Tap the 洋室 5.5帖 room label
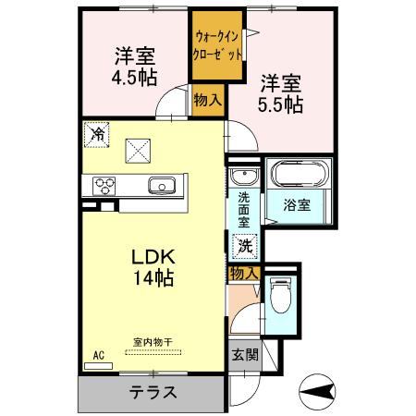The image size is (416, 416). click(280, 92)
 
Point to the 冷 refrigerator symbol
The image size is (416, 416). click(98, 135)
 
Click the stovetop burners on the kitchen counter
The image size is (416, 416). click(103, 186)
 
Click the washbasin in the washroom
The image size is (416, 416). click(244, 177)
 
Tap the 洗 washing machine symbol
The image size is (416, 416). click(244, 246)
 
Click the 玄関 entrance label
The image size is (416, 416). click(245, 355)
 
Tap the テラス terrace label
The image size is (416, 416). click(152, 391)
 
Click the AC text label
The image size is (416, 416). click(98, 353)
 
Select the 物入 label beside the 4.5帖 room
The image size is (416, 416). click(206, 98)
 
